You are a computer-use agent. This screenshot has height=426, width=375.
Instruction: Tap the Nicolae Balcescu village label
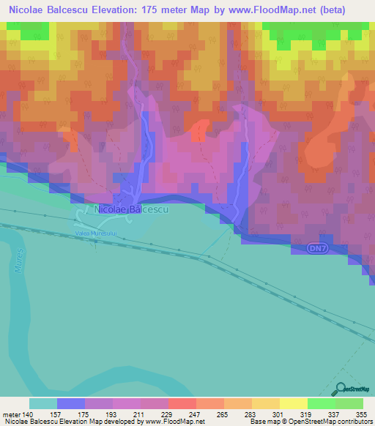point(132,209)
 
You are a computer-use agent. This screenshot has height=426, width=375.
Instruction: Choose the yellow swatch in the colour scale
point(293,404)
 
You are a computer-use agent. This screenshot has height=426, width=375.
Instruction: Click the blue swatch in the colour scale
point(71,404)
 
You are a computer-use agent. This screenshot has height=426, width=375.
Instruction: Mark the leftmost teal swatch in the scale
point(43,404)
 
